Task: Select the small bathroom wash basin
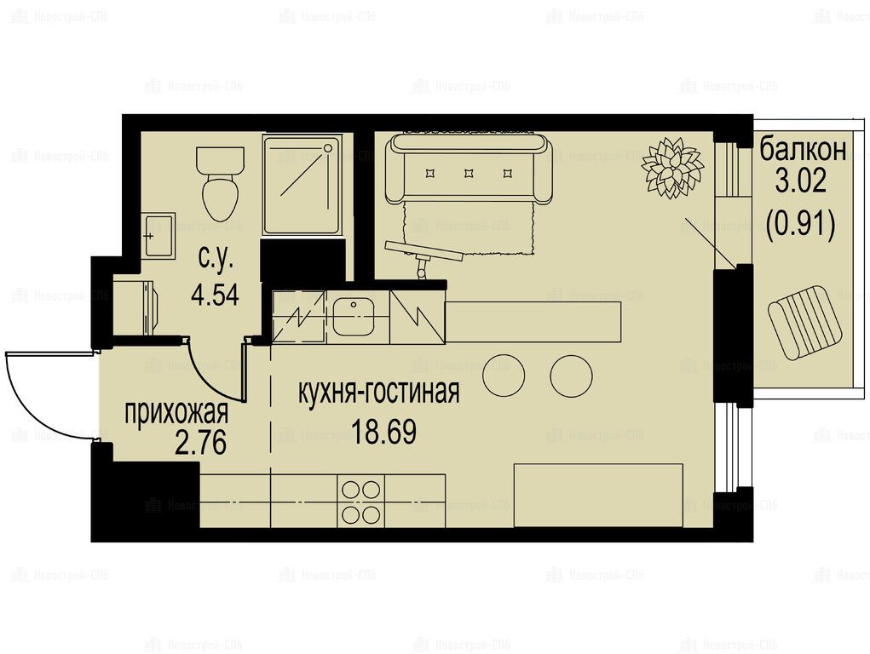pos(158,236)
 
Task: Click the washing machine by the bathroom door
pos(135,307)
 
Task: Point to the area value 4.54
pos(215,295)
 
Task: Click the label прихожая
pos(176,413)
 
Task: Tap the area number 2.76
pos(200,443)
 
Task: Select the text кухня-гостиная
pos(379,392)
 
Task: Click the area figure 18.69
pos(384,432)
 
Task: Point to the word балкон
pos(803,150)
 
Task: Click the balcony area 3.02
pos(801,181)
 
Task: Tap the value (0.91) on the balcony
pos(801,224)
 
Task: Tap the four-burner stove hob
pos(360,502)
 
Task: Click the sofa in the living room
pos(470,169)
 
